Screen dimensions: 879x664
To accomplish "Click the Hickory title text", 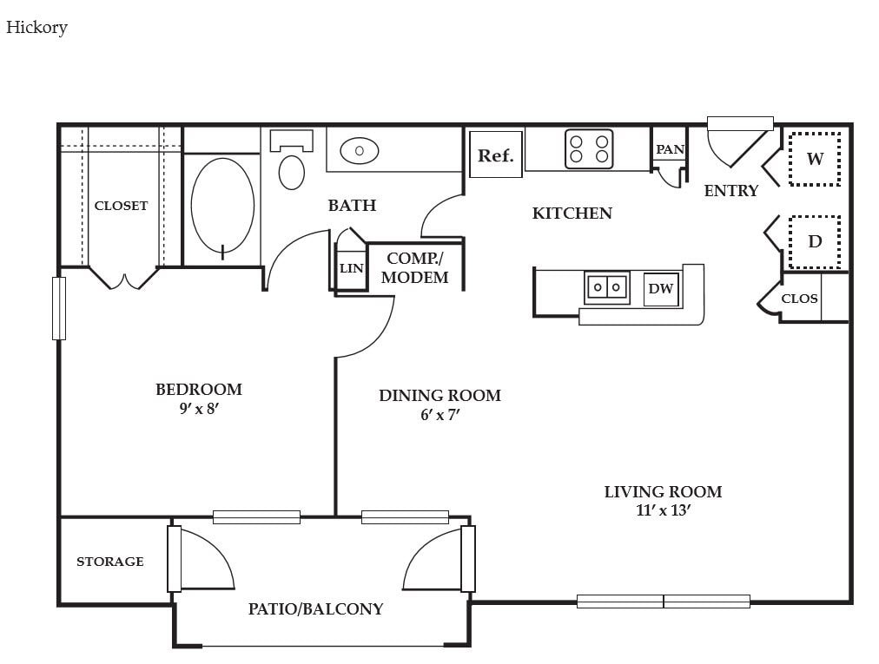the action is (37, 28).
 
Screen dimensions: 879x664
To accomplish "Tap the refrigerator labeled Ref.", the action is (496, 154).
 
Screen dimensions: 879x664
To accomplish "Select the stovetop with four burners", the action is (589, 149).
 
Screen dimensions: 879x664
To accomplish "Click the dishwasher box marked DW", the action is (661, 288).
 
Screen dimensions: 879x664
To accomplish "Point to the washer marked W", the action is (815, 159).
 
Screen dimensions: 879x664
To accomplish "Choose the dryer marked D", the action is (815, 241).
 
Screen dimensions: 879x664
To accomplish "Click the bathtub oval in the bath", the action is (222, 205).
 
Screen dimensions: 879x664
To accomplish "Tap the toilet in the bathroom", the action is (292, 160).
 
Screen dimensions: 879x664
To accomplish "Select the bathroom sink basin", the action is (360, 151).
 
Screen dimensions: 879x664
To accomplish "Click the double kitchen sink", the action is (606, 287).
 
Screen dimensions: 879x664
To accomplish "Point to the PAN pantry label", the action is (670, 149).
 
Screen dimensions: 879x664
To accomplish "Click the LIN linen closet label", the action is (352, 268).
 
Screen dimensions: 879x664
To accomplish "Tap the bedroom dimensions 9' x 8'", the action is (198, 409).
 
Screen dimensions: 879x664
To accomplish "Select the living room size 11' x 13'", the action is (663, 510).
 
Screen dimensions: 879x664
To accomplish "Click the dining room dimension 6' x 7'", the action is (440, 415).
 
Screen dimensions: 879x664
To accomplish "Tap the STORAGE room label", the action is (109, 562).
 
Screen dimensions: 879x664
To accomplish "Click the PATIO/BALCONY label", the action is (315, 608).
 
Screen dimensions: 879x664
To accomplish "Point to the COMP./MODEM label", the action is (415, 268).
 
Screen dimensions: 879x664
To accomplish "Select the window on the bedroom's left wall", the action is (59, 308).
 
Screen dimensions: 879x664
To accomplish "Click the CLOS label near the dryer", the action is (799, 299).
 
